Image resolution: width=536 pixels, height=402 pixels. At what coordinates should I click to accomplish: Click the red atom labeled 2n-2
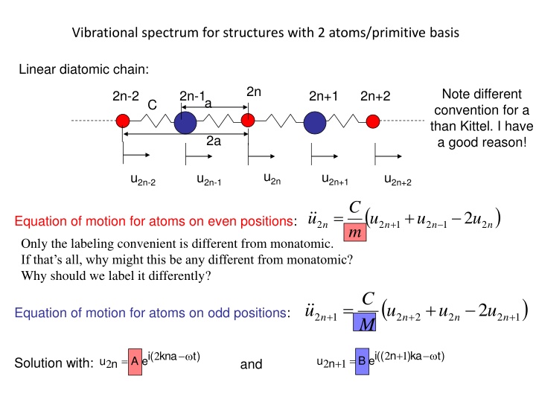(123, 120)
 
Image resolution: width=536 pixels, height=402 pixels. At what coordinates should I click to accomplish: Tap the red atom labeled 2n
(248, 120)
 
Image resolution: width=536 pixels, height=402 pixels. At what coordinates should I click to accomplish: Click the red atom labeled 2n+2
(373, 120)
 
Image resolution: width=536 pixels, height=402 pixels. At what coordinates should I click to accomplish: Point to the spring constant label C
(152, 106)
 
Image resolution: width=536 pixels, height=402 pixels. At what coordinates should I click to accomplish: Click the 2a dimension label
(214, 141)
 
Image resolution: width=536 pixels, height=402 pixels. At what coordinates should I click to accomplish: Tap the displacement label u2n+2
(398, 179)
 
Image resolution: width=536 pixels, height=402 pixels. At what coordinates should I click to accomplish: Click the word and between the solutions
(252, 365)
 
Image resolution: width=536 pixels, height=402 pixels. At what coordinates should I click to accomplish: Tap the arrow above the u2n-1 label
(197, 156)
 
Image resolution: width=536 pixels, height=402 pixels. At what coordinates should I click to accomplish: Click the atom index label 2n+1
(323, 96)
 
